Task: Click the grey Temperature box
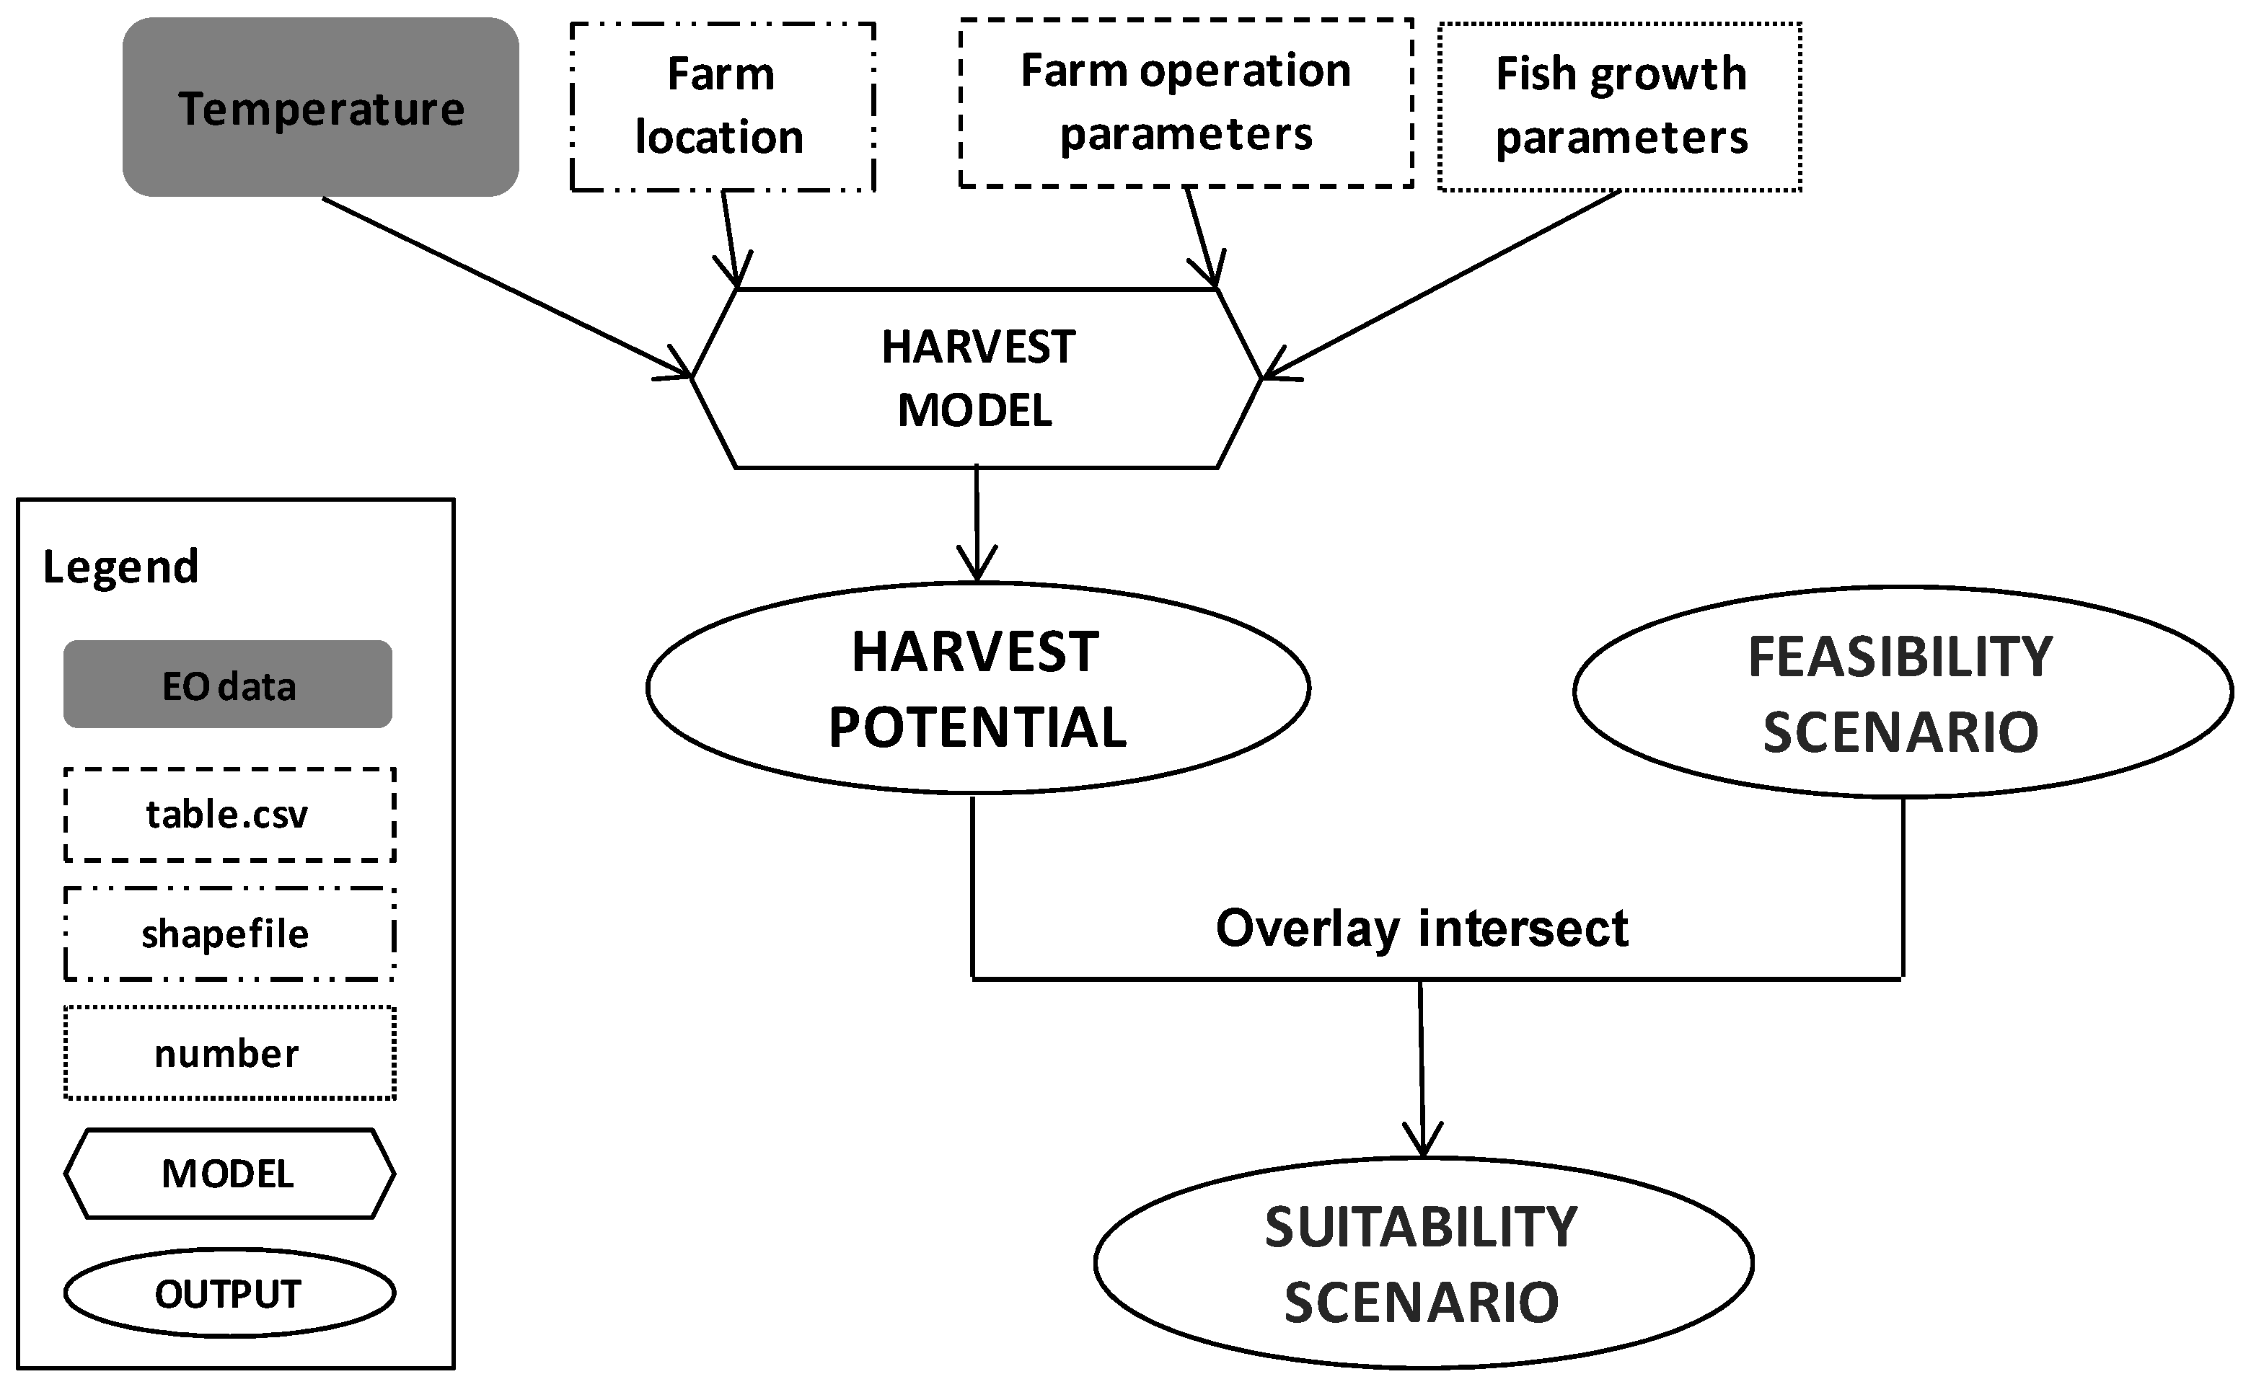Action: [320, 107]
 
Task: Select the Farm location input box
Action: [722, 107]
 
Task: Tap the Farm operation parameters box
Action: [1185, 103]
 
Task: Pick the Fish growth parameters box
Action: [1620, 107]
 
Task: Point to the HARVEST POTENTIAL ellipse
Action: [977, 688]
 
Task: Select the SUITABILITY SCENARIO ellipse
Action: [1422, 1263]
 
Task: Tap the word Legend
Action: [120, 567]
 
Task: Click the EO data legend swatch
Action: [228, 684]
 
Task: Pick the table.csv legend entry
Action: [229, 815]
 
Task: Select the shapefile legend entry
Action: [229, 934]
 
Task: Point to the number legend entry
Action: [229, 1053]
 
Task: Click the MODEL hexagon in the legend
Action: [229, 1174]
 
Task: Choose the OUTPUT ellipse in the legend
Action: [229, 1293]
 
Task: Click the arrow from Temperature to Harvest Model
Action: [505, 286]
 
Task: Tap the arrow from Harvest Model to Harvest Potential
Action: [977, 523]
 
